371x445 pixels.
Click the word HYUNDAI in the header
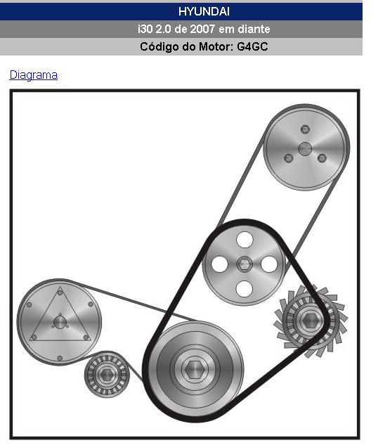(x=204, y=11)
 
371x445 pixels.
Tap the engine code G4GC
(x=252, y=46)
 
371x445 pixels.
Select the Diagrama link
(x=34, y=75)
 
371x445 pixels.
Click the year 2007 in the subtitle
(x=202, y=29)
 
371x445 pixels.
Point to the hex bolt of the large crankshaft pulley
(x=195, y=369)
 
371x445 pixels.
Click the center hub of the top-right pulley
(x=305, y=149)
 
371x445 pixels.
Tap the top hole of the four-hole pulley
(x=245, y=239)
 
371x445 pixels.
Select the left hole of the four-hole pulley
(x=219, y=264)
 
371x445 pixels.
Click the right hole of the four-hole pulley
(x=269, y=264)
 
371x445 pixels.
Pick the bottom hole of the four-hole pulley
(x=245, y=289)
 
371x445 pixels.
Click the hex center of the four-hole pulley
(x=245, y=264)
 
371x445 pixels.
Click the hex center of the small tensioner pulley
(x=107, y=375)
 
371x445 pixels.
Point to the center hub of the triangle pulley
(x=60, y=323)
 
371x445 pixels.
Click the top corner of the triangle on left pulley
(x=60, y=287)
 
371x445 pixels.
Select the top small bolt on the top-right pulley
(x=305, y=129)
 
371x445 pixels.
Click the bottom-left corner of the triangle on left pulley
(x=30, y=340)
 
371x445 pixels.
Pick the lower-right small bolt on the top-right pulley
(x=322, y=158)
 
